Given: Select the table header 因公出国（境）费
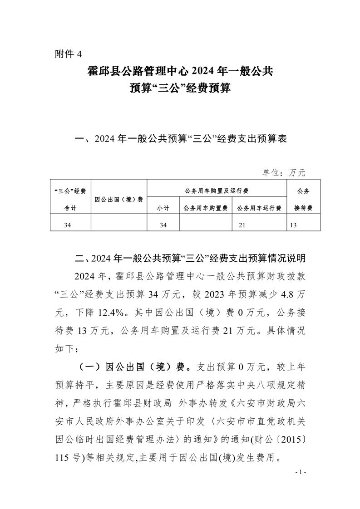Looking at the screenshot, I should [x=118, y=199].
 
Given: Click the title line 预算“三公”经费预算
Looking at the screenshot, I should [x=180, y=88].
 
